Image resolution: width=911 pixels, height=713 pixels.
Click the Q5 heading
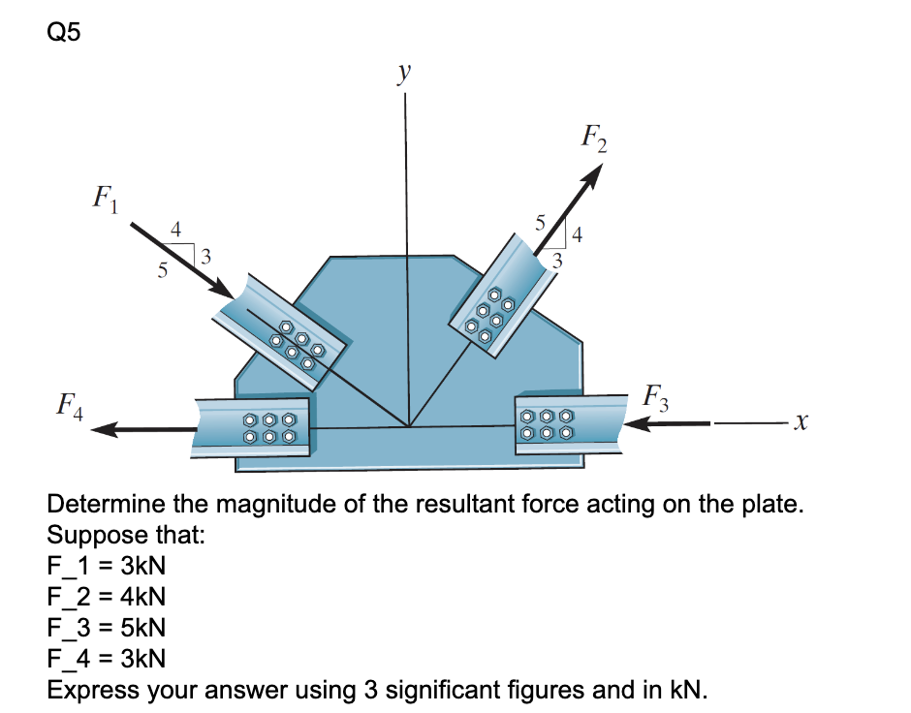tap(64, 33)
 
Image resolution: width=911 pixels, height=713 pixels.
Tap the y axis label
tap(405, 72)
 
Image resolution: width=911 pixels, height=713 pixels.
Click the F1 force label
tap(104, 200)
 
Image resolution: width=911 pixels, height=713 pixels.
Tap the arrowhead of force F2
tap(595, 175)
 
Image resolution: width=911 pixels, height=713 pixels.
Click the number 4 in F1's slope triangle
tap(175, 229)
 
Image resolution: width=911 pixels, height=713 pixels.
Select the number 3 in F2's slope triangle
tap(556, 259)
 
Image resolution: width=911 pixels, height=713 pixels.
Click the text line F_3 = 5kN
tap(108, 628)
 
